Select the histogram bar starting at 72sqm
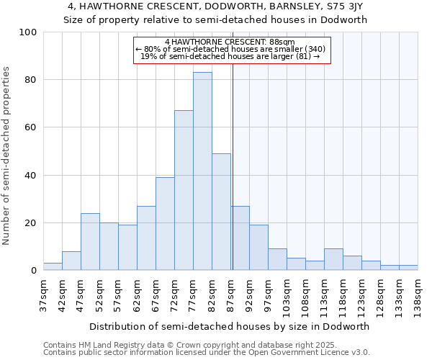[184, 191]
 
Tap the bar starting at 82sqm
[221, 212]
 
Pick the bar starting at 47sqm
[90, 242]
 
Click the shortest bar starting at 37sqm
[53, 267]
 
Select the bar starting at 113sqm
[333, 260]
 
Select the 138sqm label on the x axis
[418, 296]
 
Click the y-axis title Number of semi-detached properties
[7, 156]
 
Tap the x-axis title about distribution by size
[229, 326]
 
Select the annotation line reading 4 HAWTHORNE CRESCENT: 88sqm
[230, 42]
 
